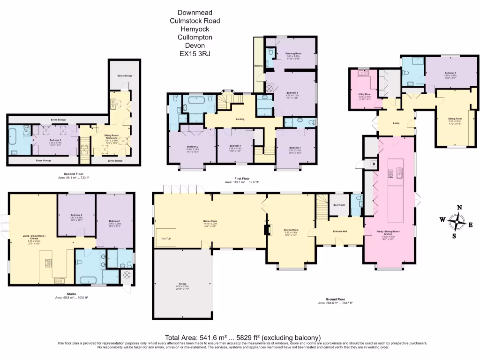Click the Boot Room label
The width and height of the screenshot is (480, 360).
click(339, 204)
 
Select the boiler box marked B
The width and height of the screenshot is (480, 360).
click(373, 164)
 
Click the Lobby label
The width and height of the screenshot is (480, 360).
click(396, 124)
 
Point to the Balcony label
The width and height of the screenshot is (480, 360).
click(258, 66)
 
